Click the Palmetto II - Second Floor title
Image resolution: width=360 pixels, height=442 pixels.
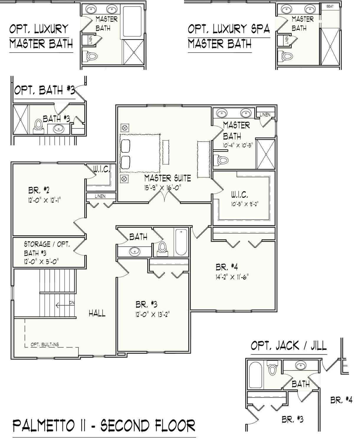(x=104, y=425)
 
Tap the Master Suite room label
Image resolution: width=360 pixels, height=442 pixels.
(x=167, y=178)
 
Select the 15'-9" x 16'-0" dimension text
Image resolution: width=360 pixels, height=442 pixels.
(x=162, y=187)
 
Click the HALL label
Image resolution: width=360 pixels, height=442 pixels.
(x=97, y=313)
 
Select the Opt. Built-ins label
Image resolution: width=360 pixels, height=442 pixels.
(x=45, y=344)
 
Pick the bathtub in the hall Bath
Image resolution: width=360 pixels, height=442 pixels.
(x=181, y=242)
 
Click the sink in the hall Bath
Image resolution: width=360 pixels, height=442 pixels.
(x=135, y=251)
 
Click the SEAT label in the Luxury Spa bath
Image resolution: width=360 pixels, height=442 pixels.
(x=330, y=6)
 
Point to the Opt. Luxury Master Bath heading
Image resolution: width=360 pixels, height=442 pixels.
(x=41, y=37)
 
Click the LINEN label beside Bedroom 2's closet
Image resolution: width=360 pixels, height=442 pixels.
(x=100, y=196)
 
